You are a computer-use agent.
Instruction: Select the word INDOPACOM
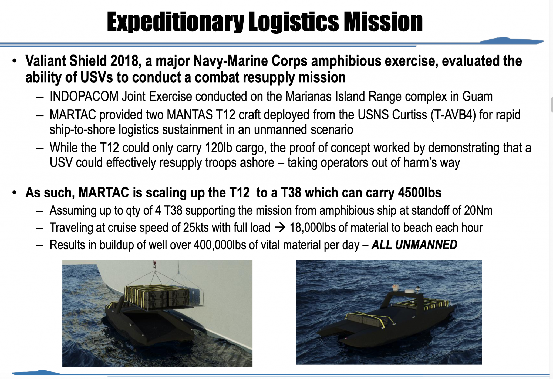tap(84, 97)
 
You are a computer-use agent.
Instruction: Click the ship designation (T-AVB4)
tap(453, 115)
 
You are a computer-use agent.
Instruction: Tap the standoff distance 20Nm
tap(478, 211)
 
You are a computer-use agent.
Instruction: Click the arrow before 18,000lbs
tap(280, 228)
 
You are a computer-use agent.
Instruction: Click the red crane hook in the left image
tap(155, 264)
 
